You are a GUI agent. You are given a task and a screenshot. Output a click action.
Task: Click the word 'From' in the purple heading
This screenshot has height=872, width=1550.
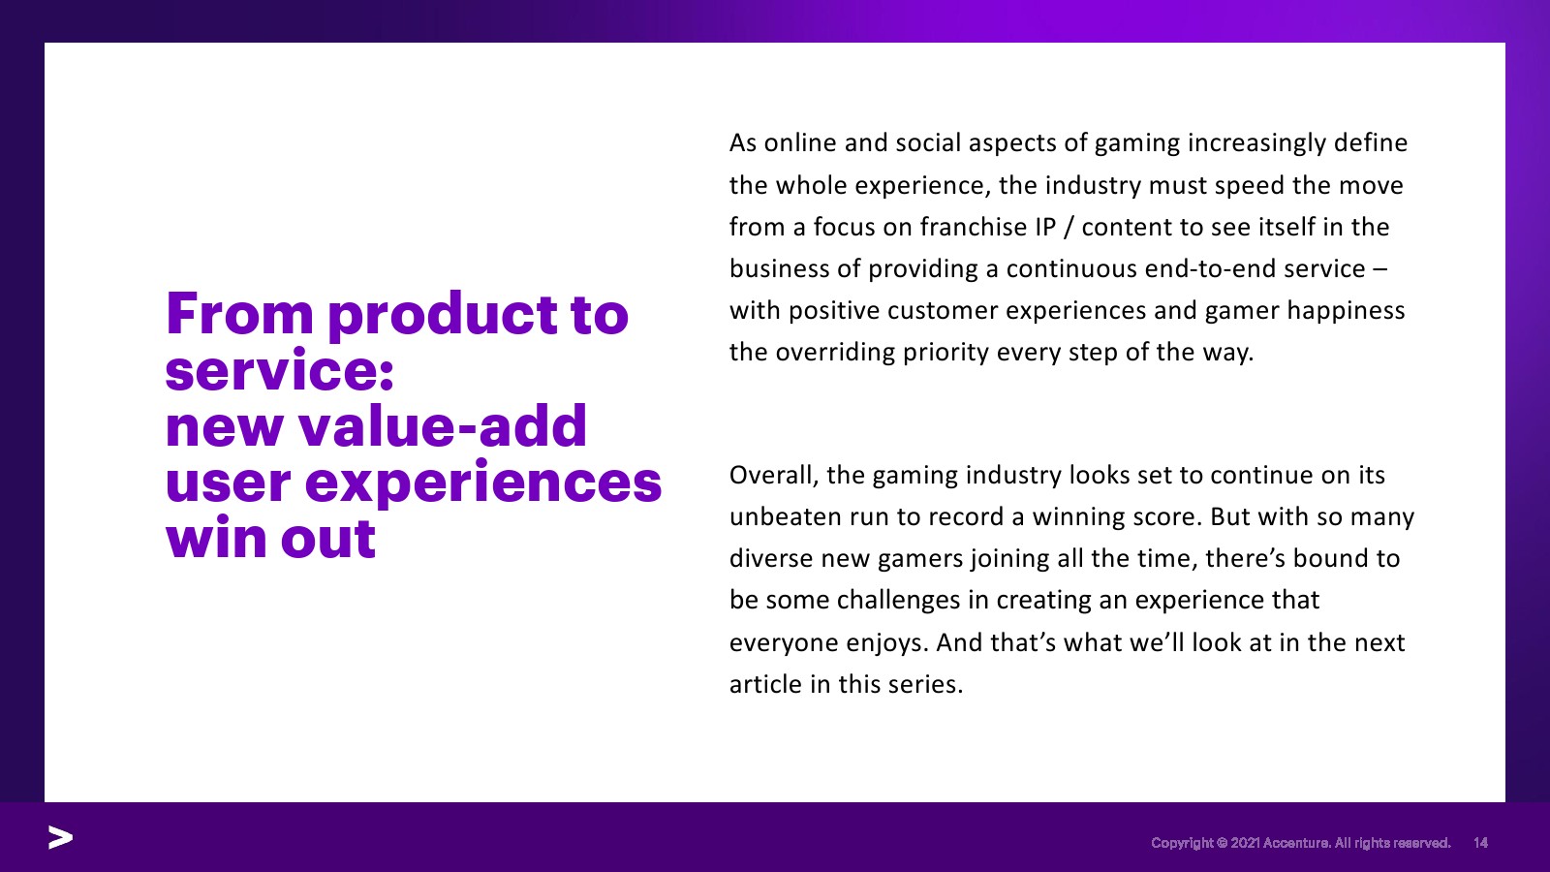point(240,314)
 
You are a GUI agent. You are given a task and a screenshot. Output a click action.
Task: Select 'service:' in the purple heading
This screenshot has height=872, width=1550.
point(280,369)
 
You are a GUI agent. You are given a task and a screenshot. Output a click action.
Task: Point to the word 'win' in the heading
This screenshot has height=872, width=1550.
point(217,537)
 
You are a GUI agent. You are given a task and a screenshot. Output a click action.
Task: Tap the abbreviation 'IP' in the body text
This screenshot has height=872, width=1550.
point(1045,227)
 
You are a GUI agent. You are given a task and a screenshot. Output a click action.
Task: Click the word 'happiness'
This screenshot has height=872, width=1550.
point(1346,311)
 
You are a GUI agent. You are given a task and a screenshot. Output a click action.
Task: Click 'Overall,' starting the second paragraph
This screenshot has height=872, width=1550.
point(774,476)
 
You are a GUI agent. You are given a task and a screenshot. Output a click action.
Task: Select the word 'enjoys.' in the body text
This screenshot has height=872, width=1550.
point(887,643)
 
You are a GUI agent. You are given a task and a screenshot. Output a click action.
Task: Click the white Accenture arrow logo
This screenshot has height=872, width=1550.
point(60,837)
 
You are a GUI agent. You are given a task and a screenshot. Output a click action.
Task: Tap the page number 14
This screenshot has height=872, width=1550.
point(1480,842)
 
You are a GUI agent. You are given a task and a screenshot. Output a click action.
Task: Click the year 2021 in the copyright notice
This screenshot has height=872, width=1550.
point(1245,842)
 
